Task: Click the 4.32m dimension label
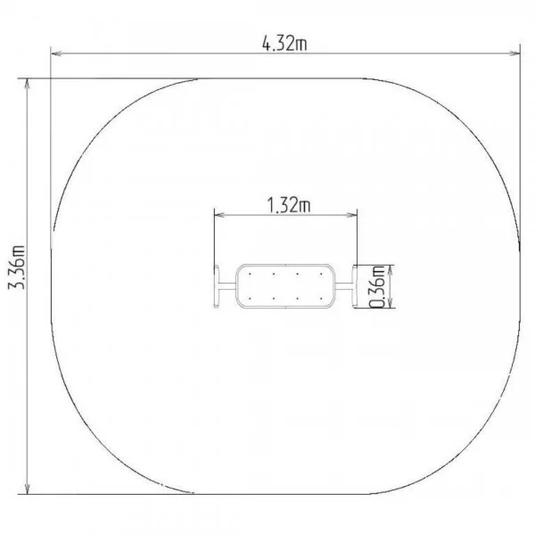point(284,44)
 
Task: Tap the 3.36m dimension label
point(16,267)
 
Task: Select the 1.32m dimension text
point(288,205)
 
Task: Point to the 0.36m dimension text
point(377,286)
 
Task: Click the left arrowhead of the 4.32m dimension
point(56,53)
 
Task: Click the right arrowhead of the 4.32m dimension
point(514,53)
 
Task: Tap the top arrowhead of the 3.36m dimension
point(28,85)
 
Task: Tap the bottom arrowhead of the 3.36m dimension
point(28,488)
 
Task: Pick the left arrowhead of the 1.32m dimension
point(220,215)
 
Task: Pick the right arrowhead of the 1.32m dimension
point(351,215)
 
